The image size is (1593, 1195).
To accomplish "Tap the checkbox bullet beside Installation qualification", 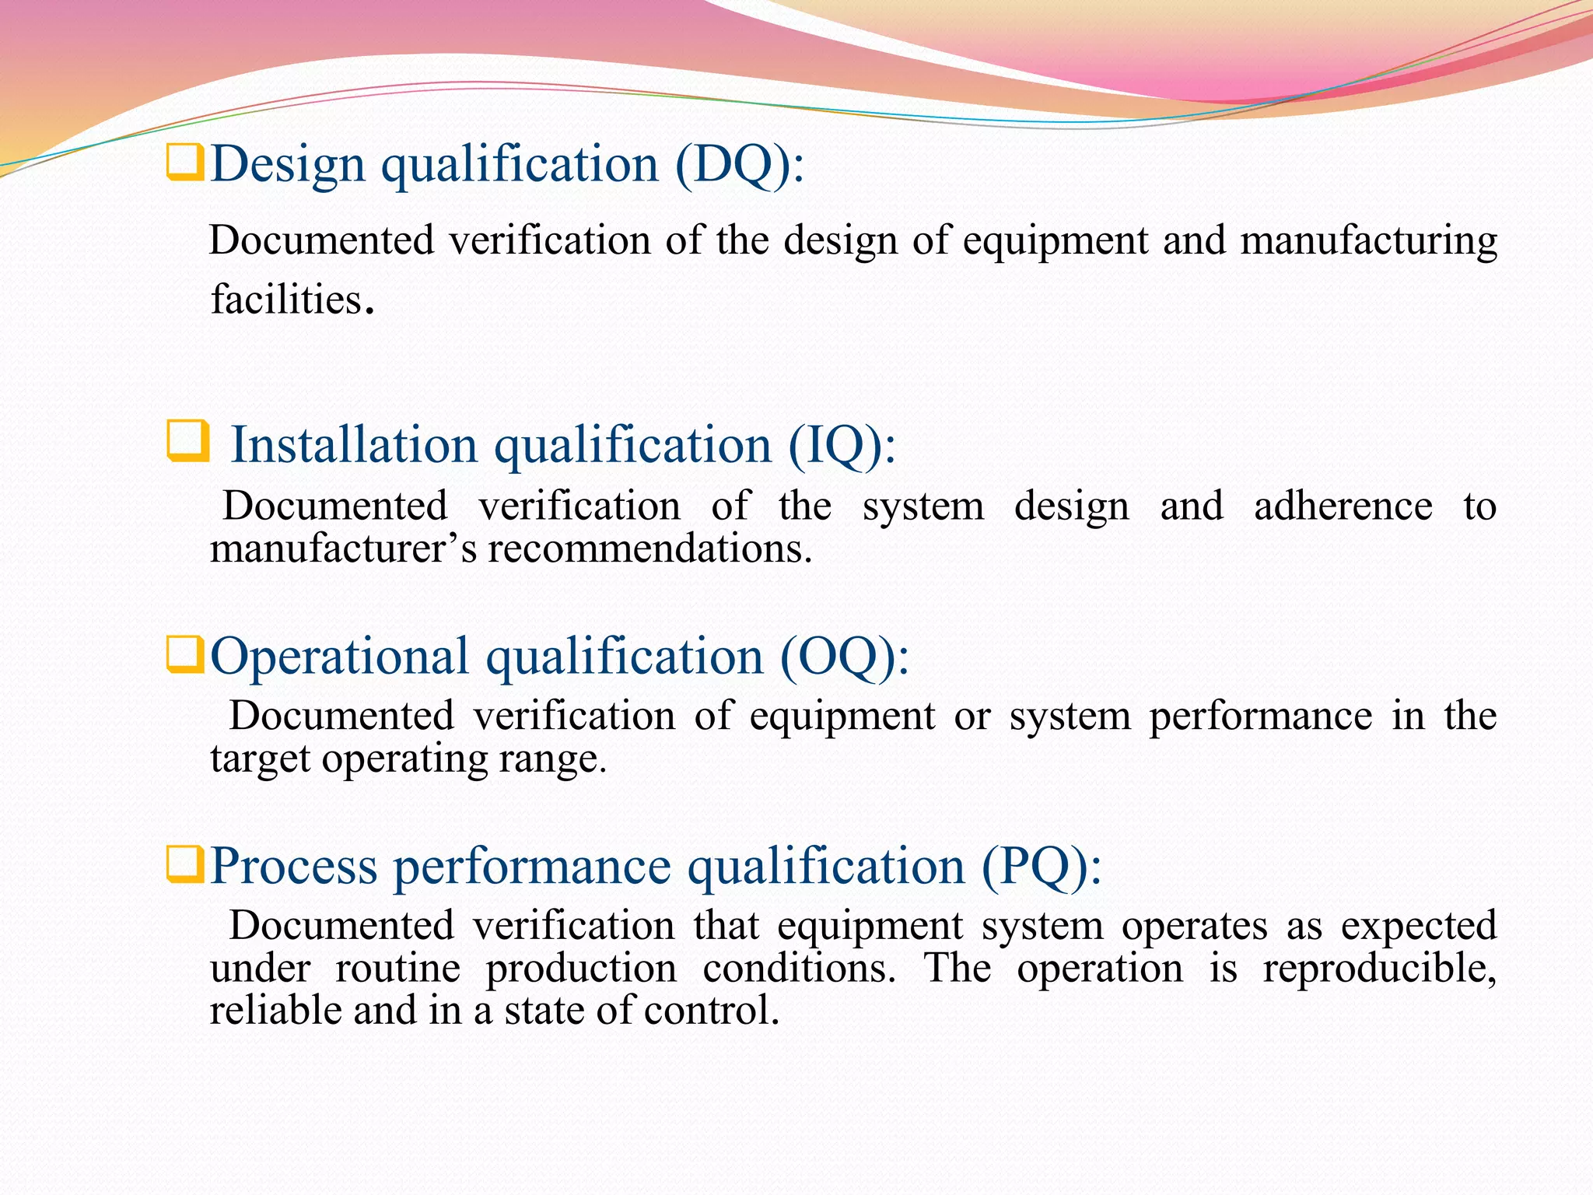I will pos(188,441).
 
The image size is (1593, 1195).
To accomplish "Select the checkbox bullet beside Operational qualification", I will pos(185,654).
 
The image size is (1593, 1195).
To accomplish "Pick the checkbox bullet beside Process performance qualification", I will pos(185,864).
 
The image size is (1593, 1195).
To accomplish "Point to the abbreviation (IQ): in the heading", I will pos(842,446).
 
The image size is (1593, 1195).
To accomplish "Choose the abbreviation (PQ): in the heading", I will pos(1041,867).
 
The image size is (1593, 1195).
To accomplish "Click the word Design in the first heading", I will pos(288,165).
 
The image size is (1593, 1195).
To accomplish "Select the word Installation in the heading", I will pos(354,446).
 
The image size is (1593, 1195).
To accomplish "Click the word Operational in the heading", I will pos(339,657).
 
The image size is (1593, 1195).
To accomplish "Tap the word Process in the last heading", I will pos(294,867).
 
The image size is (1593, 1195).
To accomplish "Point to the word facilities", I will pos(287,300).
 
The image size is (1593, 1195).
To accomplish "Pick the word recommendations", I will pos(649,549).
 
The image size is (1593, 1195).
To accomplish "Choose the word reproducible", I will pos(1378,969).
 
